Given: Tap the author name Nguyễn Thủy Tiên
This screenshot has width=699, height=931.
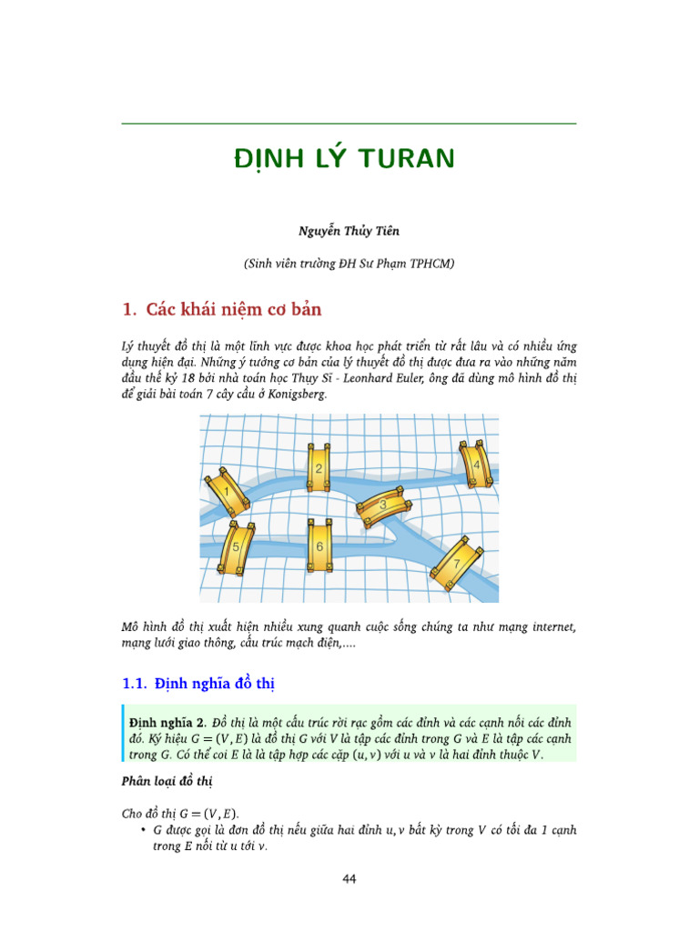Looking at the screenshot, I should coord(349,231).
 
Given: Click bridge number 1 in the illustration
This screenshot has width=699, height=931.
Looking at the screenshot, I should coord(227,492).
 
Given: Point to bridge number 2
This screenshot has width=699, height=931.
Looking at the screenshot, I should coord(318,469).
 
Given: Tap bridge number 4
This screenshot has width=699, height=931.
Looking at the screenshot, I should coord(475,465).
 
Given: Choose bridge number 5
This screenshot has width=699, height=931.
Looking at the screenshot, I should coord(236,547).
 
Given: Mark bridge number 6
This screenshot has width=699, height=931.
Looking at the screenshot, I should coord(319,546).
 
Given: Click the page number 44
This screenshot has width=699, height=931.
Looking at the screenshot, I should coord(349,878).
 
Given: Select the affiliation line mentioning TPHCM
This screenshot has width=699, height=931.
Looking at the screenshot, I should coord(349,264).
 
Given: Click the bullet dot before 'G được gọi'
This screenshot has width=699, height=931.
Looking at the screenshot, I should coord(144,831).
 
